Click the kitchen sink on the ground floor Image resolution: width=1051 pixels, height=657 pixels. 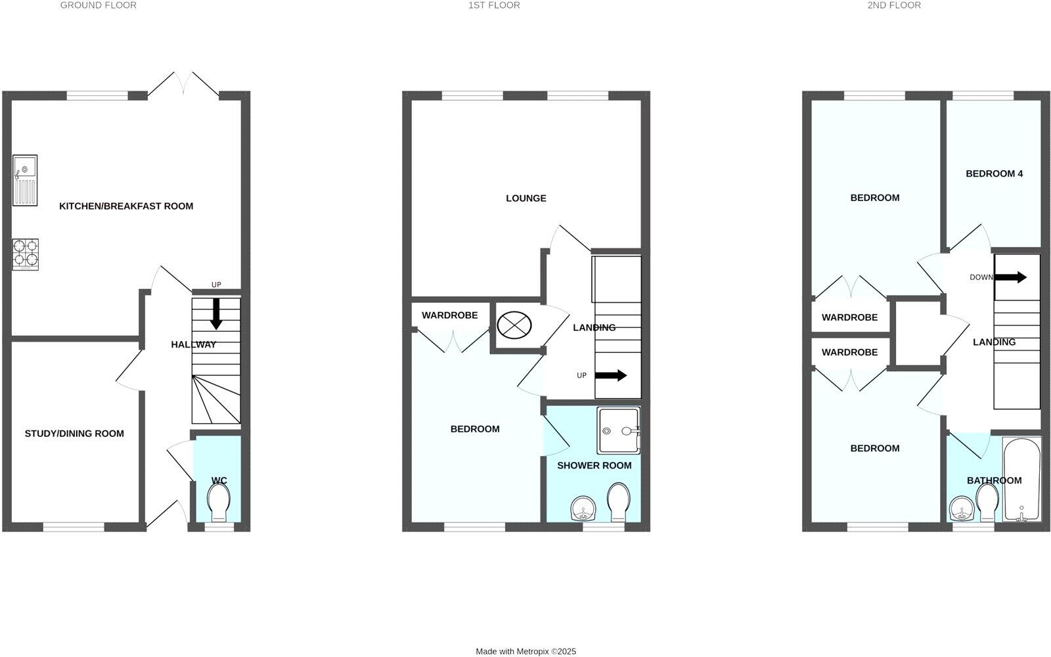[x=25, y=179]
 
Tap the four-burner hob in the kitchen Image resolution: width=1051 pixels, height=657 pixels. [x=25, y=254]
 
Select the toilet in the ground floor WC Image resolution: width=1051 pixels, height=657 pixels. [x=218, y=505]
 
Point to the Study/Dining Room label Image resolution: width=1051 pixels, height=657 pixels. [x=74, y=434]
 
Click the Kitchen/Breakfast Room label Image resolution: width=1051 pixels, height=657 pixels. [x=126, y=206]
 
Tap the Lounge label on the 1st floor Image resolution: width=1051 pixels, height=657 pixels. [x=525, y=198]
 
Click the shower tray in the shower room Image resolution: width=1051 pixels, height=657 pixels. [x=618, y=430]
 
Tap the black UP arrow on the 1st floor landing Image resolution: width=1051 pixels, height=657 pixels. [x=611, y=376]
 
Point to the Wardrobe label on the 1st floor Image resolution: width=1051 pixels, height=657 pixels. [x=449, y=315]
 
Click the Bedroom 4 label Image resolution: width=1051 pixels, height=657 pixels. [x=994, y=174]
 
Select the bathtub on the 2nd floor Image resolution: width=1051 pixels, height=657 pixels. [x=1021, y=480]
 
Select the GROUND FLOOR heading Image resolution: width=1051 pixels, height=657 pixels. [x=99, y=5]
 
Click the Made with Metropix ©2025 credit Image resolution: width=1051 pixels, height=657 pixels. [x=525, y=651]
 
